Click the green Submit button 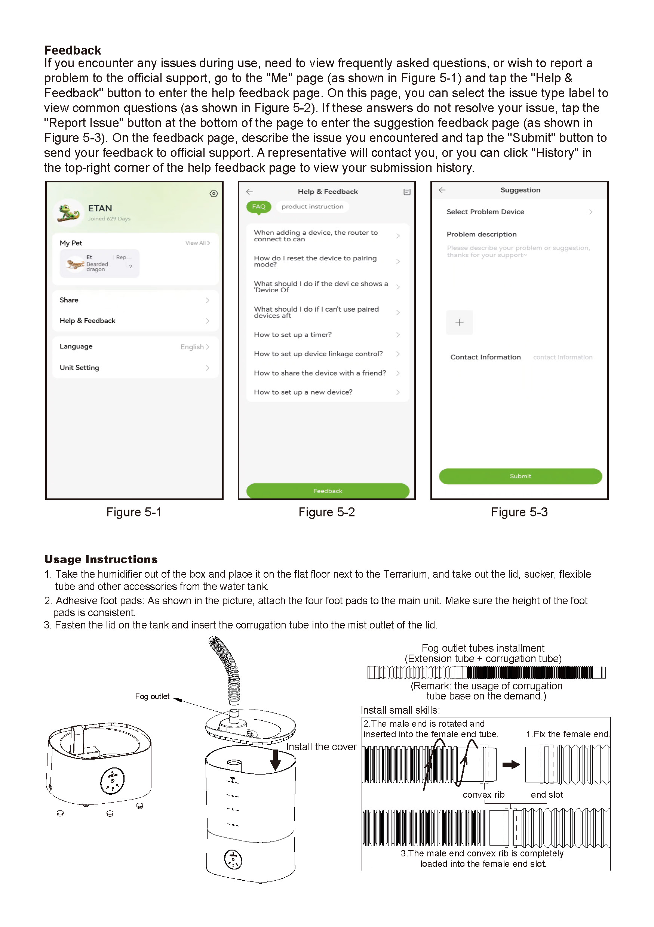click(x=520, y=476)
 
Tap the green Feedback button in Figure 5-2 click(x=328, y=491)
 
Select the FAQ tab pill click(x=258, y=207)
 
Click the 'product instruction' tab click(x=312, y=207)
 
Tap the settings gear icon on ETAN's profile click(x=214, y=194)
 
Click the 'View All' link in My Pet click(x=197, y=243)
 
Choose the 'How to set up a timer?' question click(x=327, y=335)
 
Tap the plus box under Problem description click(x=459, y=322)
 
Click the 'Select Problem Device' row click(x=519, y=212)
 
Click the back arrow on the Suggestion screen click(x=442, y=190)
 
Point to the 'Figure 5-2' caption click(x=326, y=512)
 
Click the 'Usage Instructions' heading click(x=101, y=559)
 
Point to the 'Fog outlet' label click(x=152, y=696)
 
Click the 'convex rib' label click(x=483, y=795)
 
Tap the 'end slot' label click(x=547, y=795)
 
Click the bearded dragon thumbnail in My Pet click(x=75, y=264)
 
